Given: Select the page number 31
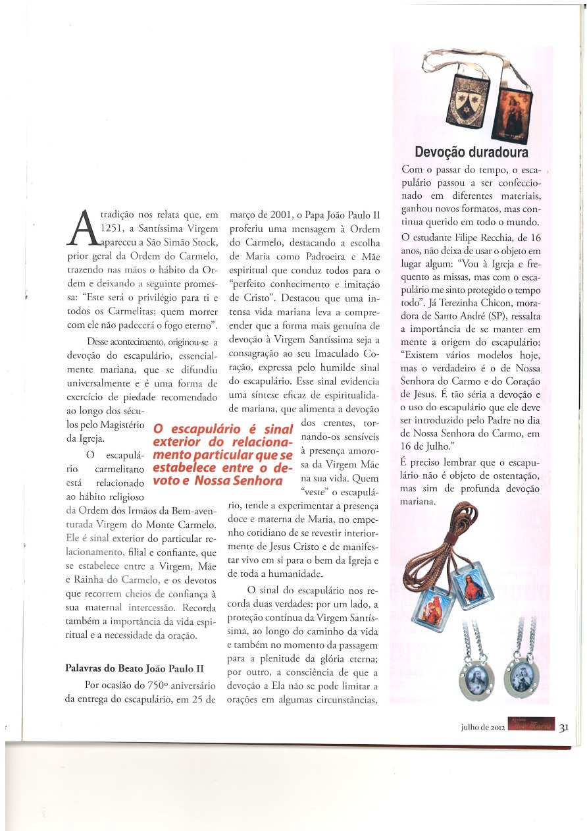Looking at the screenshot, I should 564,727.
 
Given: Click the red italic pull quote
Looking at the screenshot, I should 222,455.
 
